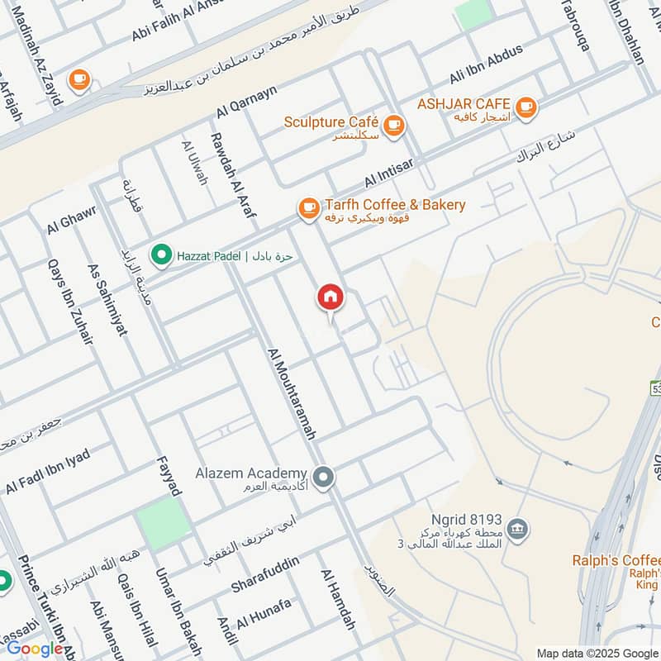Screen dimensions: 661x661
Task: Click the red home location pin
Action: (330, 297)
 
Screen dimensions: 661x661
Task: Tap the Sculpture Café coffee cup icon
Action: (394, 125)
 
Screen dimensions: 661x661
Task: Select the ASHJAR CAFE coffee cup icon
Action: (525, 107)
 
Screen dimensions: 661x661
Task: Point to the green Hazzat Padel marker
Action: (162, 255)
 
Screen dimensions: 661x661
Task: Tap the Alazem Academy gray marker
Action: (324, 477)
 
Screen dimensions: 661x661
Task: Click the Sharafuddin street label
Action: (264, 574)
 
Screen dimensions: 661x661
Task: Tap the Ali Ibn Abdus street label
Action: (486, 64)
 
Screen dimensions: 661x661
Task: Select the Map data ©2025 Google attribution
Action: (598, 653)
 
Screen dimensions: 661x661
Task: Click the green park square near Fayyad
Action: (164, 522)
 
